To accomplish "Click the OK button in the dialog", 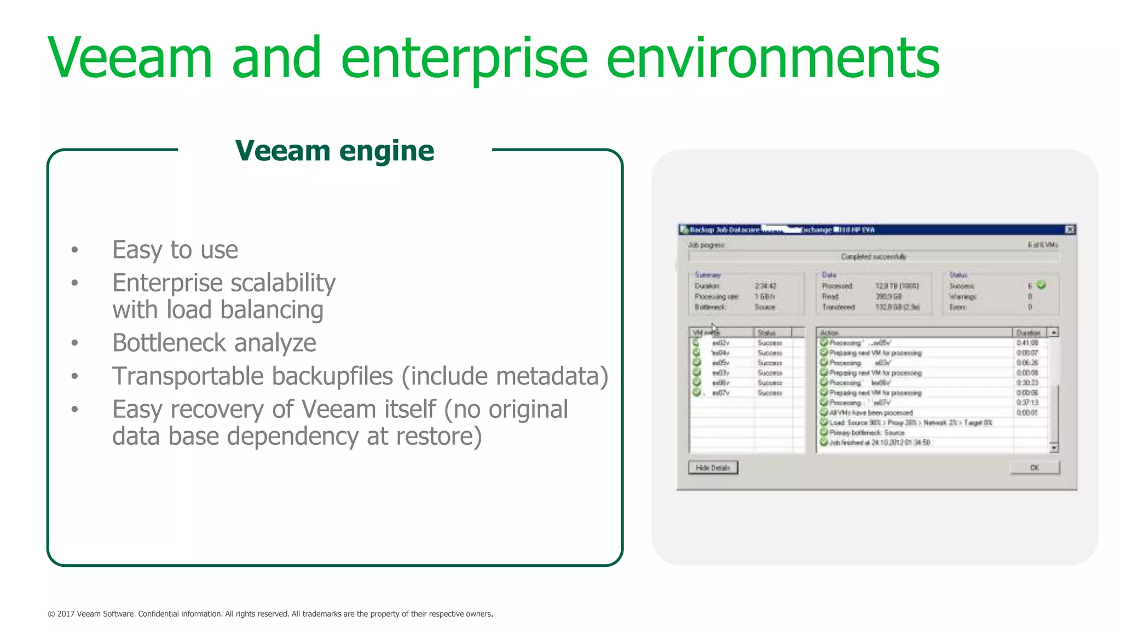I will click(x=1034, y=468).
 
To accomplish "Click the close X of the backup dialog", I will click(x=1070, y=230).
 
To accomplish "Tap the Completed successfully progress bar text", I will click(x=874, y=256).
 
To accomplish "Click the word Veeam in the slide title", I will click(x=130, y=58).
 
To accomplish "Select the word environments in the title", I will click(x=772, y=58).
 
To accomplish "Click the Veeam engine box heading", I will click(x=334, y=151).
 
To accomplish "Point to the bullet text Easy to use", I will click(x=175, y=250).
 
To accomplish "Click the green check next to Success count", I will click(x=1041, y=285).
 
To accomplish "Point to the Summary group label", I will click(x=708, y=275).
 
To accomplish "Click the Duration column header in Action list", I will click(x=1028, y=332).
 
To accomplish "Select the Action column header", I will click(x=829, y=332).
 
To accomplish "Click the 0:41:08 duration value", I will click(x=1027, y=343).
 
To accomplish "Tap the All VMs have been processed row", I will click(x=870, y=412).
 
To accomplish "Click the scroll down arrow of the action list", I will click(x=1054, y=448).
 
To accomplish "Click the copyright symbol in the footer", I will click(x=51, y=614).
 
